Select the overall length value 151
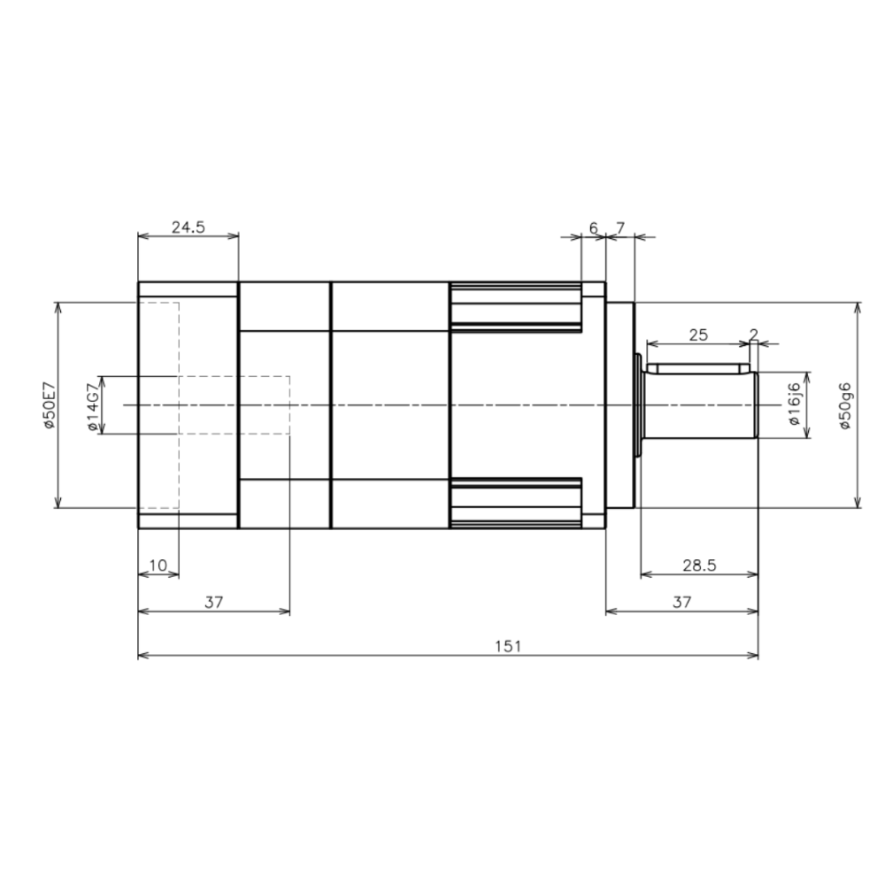click(508, 646)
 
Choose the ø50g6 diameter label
click(845, 406)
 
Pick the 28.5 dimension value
click(699, 565)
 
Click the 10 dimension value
click(158, 565)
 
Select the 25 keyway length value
click(698, 335)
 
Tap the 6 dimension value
click(593, 228)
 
